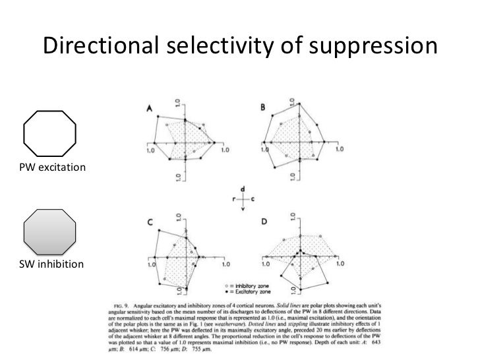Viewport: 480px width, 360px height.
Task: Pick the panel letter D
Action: pyautogui.click(x=264, y=222)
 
